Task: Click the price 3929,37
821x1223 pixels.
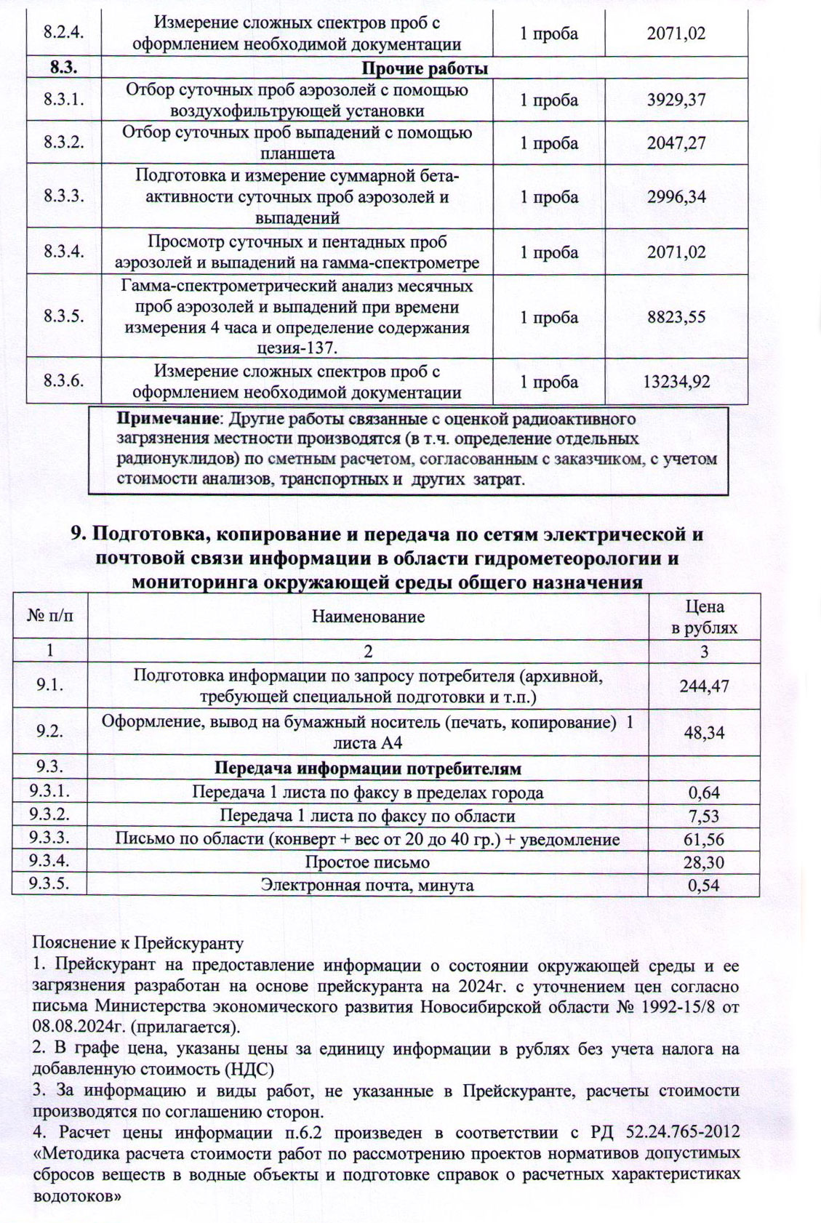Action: point(676,100)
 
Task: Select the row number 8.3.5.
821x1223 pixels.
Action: point(63,316)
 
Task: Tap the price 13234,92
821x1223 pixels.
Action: point(676,382)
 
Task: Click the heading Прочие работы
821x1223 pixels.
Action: point(425,69)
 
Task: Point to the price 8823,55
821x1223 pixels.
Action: point(676,317)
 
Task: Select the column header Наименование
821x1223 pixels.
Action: point(368,617)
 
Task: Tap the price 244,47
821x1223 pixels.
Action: point(704,686)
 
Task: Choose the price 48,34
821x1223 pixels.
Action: point(704,732)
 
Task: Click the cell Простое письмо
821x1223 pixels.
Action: point(367,862)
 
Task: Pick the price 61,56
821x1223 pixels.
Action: point(704,839)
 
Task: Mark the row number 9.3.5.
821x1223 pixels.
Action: point(49,885)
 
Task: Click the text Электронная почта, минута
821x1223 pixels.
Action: point(367,886)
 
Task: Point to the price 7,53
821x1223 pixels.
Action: point(704,816)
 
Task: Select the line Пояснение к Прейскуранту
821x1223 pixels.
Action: point(137,944)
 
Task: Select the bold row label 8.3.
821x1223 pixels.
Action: point(63,69)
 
